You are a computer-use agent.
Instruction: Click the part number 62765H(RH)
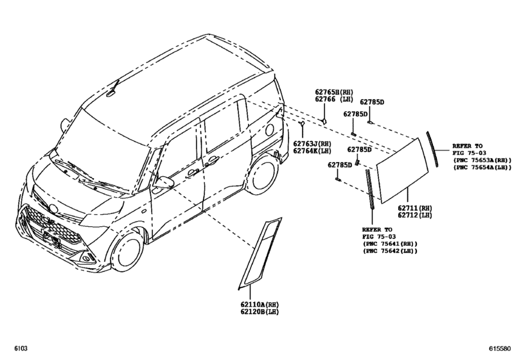point(334,92)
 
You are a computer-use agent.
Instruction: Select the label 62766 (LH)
point(334,100)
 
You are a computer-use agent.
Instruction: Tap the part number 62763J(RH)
point(312,143)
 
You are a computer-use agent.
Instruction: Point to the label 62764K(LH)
point(312,151)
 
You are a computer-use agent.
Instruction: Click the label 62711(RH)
point(415,208)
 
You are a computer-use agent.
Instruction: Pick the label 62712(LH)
point(415,215)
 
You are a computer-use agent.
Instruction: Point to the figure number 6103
point(21,348)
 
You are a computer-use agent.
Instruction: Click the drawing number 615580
point(499,348)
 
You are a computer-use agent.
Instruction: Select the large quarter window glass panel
point(402,170)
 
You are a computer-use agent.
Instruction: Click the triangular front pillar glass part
point(260,253)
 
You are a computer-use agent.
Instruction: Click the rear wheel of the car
point(263,175)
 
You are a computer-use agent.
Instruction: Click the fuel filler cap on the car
point(269,130)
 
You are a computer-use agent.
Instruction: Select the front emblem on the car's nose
point(53,208)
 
